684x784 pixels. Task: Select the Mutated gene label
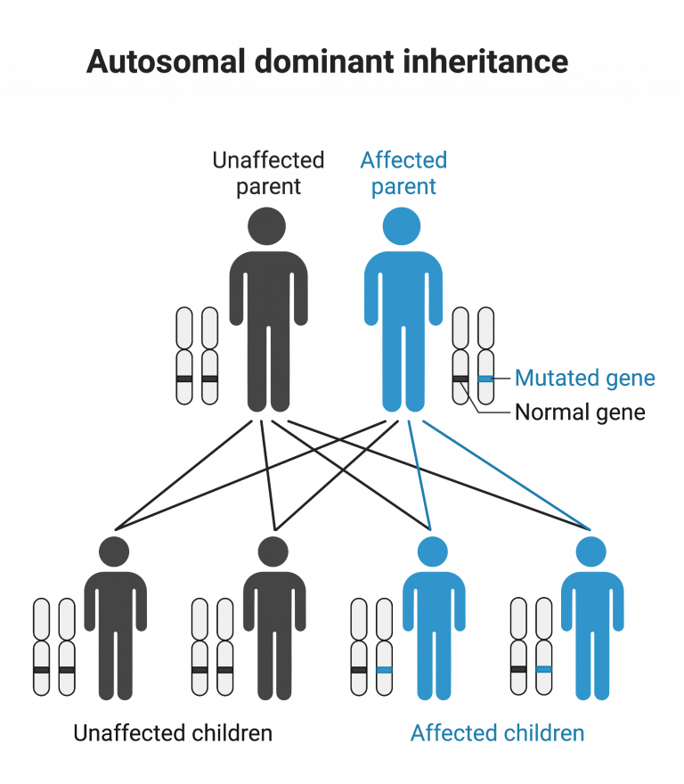coord(584,379)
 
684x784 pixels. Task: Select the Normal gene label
coord(580,412)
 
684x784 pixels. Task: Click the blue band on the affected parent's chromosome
coord(485,380)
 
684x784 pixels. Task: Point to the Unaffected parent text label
coord(268,174)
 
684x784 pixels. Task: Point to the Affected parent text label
coord(403,174)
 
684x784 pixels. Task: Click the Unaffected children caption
coord(173,734)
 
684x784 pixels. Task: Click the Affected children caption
coord(497,734)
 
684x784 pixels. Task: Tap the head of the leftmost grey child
coord(114,552)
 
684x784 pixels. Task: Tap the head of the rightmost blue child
coord(590,552)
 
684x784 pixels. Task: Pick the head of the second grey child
coord(273,552)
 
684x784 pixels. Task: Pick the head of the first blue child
coord(433,552)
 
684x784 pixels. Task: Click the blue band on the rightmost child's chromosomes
coord(543,668)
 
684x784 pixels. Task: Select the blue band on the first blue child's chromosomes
coord(384,668)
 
